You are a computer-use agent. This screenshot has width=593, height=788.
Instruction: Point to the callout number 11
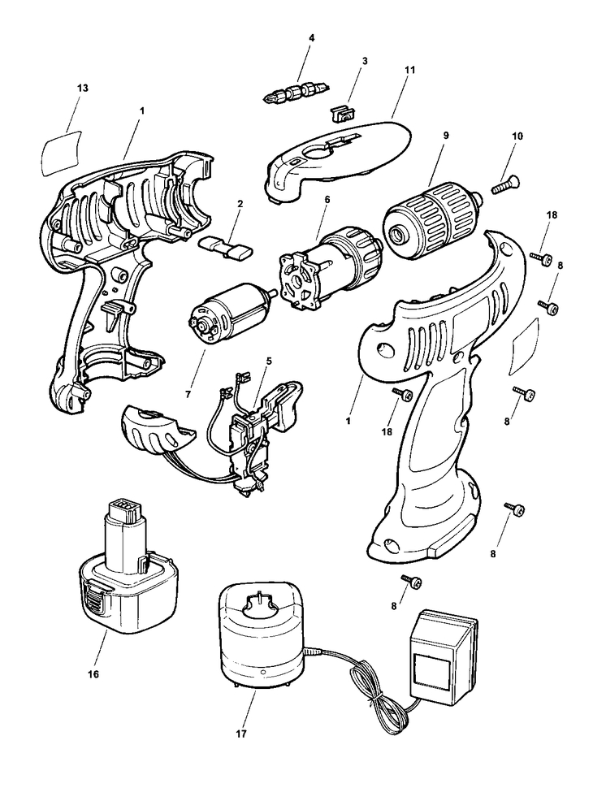[x=409, y=70]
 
